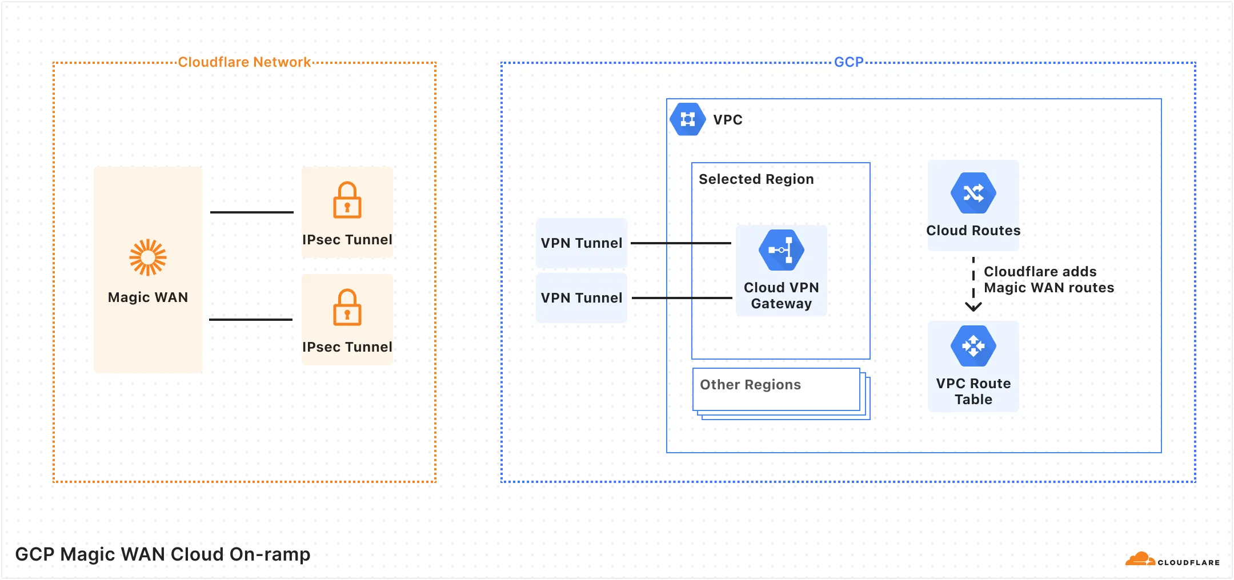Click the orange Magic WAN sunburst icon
pyautogui.click(x=147, y=257)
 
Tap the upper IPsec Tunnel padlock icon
pyautogui.click(x=347, y=200)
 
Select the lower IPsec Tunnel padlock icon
pyautogui.click(x=347, y=308)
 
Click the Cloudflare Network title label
pyautogui.click(x=244, y=62)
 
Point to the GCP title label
pyautogui.click(x=848, y=62)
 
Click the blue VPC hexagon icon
pyautogui.click(x=687, y=119)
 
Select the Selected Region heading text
pyautogui.click(x=756, y=179)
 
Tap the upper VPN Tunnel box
pyautogui.click(x=581, y=243)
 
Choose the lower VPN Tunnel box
pyautogui.click(x=581, y=298)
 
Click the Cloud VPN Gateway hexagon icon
pyautogui.click(x=781, y=250)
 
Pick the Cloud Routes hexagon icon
pyautogui.click(x=973, y=193)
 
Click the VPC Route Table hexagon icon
pyautogui.click(x=973, y=346)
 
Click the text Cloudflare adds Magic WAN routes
pyautogui.click(x=1048, y=280)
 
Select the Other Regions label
pyautogui.click(x=750, y=385)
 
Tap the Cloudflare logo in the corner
pyautogui.click(x=1171, y=560)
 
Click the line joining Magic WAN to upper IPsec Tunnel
pyautogui.click(x=251, y=212)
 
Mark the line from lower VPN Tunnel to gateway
pyautogui.click(x=682, y=298)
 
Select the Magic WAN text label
pyautogui.click(x=147, y=297)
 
